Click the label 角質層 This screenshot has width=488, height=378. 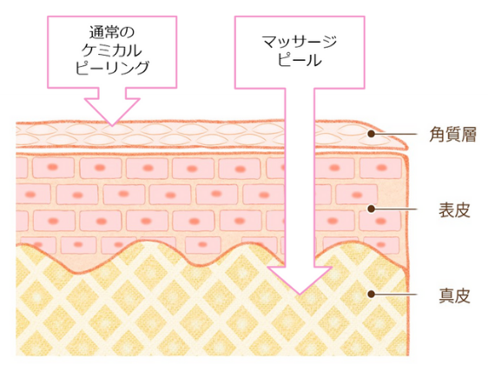tap(452, 135)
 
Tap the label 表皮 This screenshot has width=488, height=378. tap(454, 210)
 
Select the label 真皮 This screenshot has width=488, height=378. tap(454, 295)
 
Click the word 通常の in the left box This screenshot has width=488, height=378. tap(112, 32)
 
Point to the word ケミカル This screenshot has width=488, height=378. tap(112, 50)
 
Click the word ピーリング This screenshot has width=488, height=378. tap(112, 68)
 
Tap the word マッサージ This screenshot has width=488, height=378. tap(300, 42)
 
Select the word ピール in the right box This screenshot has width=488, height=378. tap(300, 60)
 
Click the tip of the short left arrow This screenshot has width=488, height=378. tap(112, 125)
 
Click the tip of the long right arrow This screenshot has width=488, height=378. tap(300, 295)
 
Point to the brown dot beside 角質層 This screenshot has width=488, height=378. tap(371, 134)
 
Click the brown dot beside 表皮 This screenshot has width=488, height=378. tap(371, 209)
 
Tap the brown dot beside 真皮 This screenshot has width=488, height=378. tap(371, 294)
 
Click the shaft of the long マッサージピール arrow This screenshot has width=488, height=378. tap(300, 177)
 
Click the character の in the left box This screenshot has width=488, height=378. tap(127, 33)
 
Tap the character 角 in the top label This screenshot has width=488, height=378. tap(438, 135)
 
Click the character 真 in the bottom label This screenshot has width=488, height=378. tap(446, 295)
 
